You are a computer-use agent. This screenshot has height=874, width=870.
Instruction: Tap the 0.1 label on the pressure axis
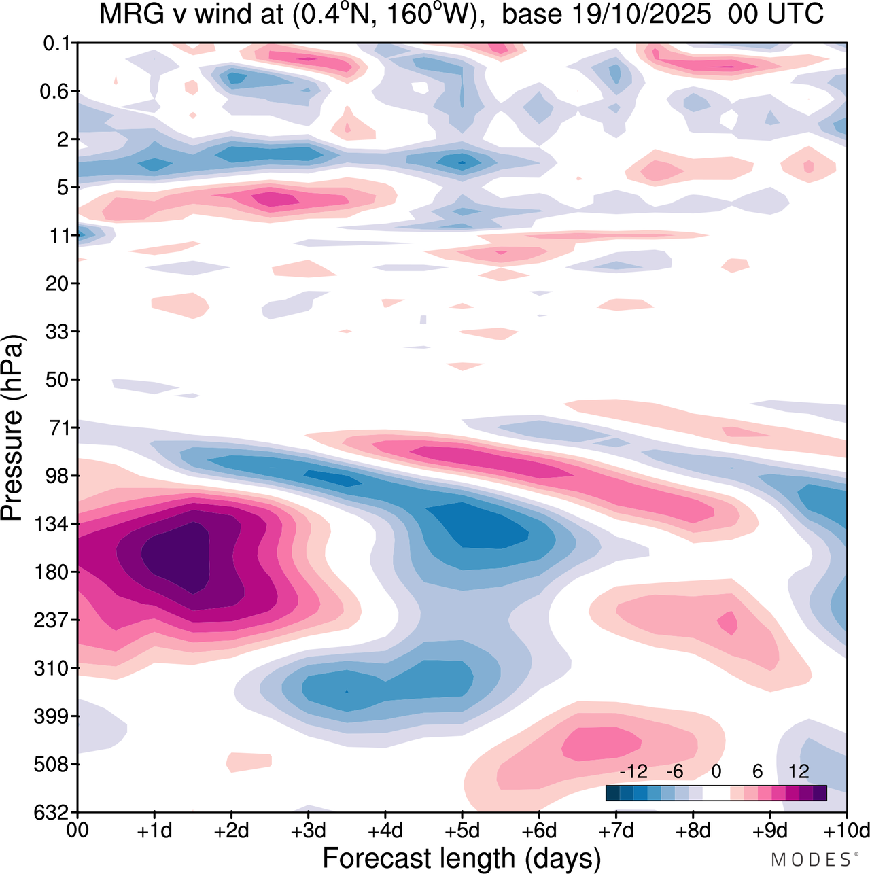pos(56,43)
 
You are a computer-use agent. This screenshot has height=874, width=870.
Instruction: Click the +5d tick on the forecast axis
pos(462,831)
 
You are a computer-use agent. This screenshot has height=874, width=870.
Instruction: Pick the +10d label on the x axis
pos(846,831)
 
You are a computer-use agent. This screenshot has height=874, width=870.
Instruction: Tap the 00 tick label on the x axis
pos(78,831)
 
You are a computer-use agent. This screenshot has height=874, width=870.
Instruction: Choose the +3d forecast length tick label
pos(309,831)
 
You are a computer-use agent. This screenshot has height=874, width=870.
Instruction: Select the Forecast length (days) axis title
pos(462,858)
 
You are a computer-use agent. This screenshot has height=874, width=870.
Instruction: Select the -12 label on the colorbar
pos(633,772)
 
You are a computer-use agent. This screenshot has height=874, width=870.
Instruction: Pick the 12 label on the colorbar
pos(799,772)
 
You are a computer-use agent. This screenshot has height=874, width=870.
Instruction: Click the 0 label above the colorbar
pos(716,772)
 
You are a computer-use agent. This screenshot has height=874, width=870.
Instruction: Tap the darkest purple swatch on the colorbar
pos(820,793)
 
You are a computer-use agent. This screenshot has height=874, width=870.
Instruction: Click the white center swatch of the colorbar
pos(716,793)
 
